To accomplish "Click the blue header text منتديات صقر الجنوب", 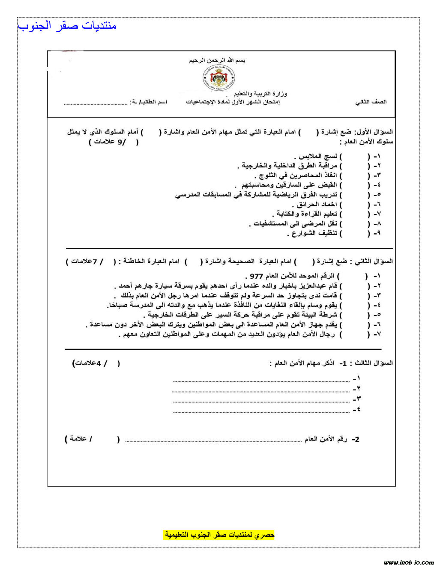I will pyautogui.click(x=67, y=26).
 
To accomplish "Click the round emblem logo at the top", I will pyautogui.click(x=218, y=78).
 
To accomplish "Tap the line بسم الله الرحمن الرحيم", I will pyautogui.click(x=217, y=61).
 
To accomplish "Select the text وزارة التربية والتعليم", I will pyautogui.click(x=260, y=93).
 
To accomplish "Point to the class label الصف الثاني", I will pyautogui.click(x=371, y=102).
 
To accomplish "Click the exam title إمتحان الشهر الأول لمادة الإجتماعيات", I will pyautogui.click(x=233, y=102).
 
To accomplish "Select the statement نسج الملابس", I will pyautogui.click(x=317, y=156).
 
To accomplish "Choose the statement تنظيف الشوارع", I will pyautogui.click(x=313, y=233).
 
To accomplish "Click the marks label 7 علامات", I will pyautogui.click(x=86, y=261).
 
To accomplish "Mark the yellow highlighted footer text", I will pyautogui.click(x=219, y=535).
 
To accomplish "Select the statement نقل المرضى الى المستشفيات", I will pyautogui.click(x=296, y=224).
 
